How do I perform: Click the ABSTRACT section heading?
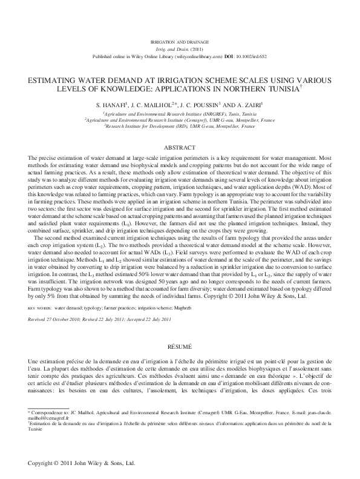(180, 148)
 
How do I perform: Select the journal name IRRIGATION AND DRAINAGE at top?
(180, 39)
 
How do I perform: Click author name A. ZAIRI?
(243, 104)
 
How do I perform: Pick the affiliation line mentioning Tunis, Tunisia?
(180, 113)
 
